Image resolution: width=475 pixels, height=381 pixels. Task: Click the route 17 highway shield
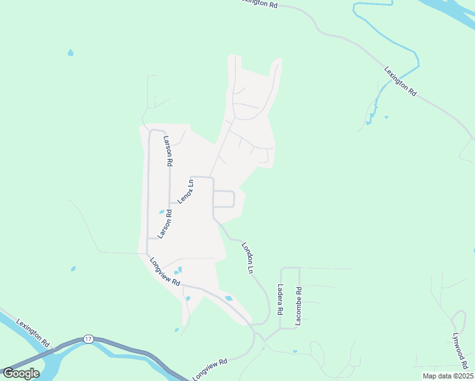pyautogui.click(x=88, y=340)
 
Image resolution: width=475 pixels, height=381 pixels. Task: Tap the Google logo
pyautogui.click(x=21, y=373)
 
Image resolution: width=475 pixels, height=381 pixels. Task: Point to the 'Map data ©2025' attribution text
pyautogui.click(x=444, y=376)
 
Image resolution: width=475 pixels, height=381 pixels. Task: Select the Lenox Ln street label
pyautogui.click(x=185, y=191)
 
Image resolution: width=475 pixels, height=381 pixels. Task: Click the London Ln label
pyautogui.click(x=247, y=257)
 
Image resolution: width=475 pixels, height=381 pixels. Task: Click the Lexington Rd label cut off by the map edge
pyautogui.click(x=259, y=3)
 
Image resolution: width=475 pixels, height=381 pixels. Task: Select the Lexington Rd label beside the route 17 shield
pyautogui.click(x=33, y=332)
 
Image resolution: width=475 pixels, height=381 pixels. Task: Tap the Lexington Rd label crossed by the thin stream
pyautogui.click(x=400, y=81)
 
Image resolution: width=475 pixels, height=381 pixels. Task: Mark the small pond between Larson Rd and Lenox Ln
pyautogui.click(x=161, y=211)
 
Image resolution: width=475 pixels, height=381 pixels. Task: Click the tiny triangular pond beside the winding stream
pyautogui.click(x=386, y=117)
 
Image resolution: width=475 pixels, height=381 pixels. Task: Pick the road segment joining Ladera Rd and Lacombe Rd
pyautogui.click(x=290, y=268)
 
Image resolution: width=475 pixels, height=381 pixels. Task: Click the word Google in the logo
pyautogui.click(x=21, y=373)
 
